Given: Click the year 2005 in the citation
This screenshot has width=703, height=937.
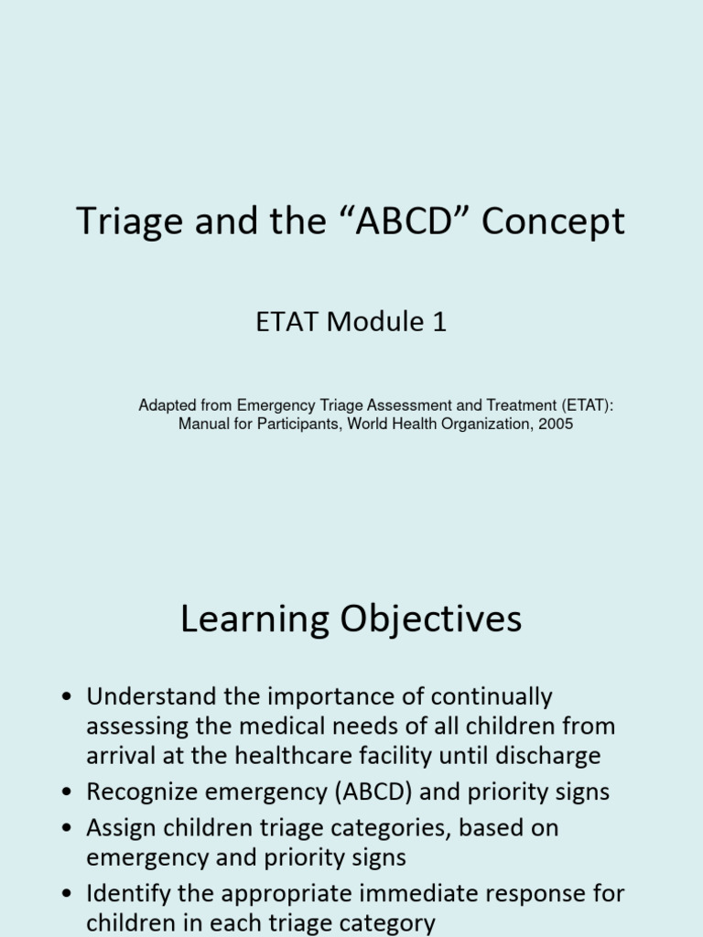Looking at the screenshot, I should [555, 424].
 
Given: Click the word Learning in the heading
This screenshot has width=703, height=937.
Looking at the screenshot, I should [255, 620].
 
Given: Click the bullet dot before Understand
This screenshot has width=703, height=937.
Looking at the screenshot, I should [66, 698].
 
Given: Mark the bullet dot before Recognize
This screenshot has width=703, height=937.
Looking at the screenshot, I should [66, 792].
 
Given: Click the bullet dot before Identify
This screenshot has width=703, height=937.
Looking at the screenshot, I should [66, 892].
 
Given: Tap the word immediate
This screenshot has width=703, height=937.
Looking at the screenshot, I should [449, 892].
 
